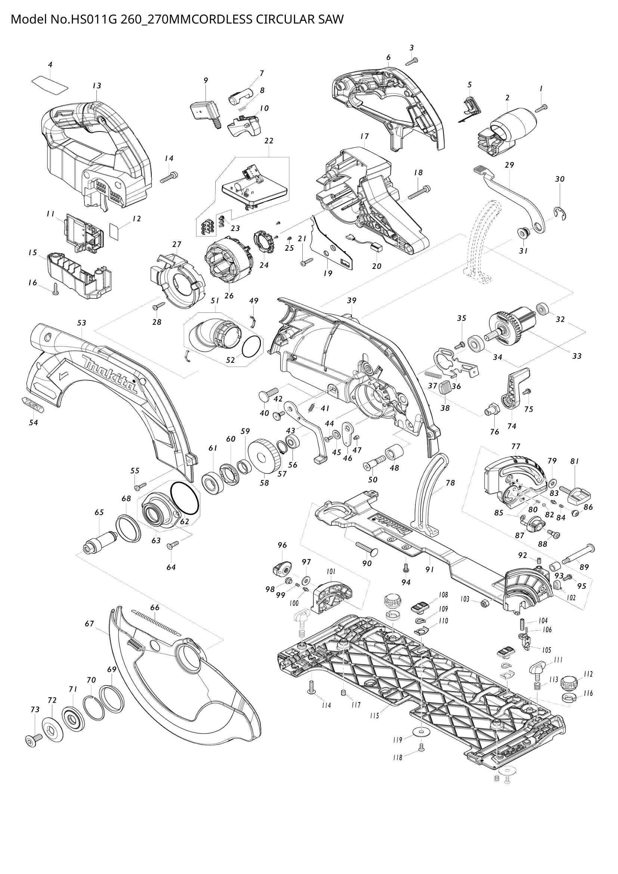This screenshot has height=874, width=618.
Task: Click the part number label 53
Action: (x=81, y=323)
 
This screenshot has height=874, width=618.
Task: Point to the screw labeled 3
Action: (x=412, y=61)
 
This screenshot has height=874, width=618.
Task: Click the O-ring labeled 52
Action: (x=251, y=346)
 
